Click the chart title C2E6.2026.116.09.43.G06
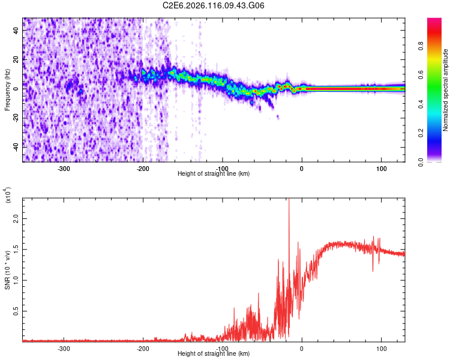214,5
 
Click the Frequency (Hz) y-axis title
7,90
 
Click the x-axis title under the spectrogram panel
214,173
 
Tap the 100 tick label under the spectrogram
381,169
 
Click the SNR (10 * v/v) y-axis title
7,270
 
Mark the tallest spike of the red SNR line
289,200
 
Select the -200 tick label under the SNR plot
143,348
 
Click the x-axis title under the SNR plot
214,353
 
